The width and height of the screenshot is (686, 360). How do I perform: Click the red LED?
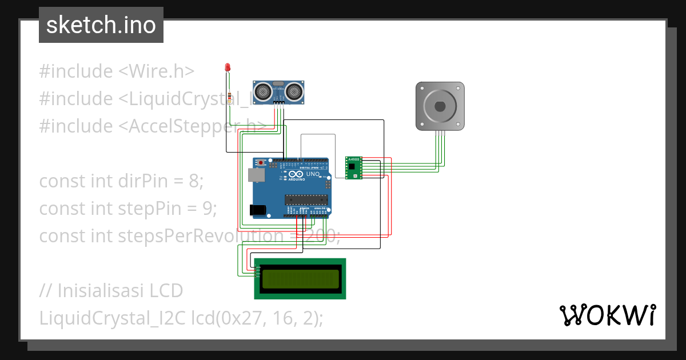tap(228, 67)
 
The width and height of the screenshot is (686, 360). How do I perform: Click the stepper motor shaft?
tap(440, 106)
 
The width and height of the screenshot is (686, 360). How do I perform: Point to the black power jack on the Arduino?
tap(259, 210)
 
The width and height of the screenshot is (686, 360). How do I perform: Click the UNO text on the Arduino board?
tap(313, 174)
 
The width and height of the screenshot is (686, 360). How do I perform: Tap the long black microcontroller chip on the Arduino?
tap(306, 199)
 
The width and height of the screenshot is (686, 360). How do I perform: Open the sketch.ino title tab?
tap(101, 25)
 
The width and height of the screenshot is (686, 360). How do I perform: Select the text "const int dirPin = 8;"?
tap(121, 181)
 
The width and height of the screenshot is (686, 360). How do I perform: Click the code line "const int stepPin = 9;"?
tap(128, 209)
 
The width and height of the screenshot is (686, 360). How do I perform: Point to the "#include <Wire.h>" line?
tap(117, 71)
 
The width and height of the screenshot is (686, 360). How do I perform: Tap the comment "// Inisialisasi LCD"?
tap(111, 291)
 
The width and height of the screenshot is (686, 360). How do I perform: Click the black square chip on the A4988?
tap(352, 167)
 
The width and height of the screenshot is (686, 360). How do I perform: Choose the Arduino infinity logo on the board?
tap(295, 174)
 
